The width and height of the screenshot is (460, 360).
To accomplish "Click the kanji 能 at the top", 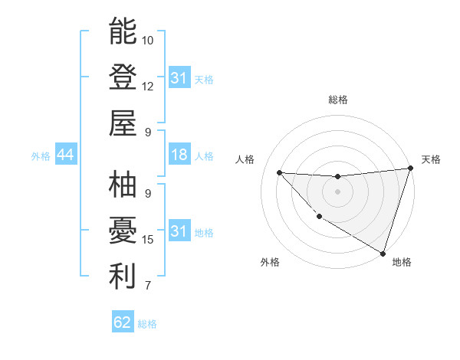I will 123,32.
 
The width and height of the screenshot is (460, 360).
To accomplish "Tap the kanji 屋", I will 123,123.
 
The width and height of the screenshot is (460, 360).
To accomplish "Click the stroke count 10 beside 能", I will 148,40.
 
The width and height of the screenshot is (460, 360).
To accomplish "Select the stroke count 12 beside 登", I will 148,86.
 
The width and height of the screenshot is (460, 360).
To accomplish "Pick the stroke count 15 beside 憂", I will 148,240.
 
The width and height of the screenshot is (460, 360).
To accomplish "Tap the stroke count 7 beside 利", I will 148,286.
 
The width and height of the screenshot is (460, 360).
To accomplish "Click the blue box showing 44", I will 65,155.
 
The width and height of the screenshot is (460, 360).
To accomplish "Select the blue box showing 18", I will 179,155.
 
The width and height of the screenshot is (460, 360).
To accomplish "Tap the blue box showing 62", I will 123,322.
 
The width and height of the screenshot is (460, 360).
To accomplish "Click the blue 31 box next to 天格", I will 179,78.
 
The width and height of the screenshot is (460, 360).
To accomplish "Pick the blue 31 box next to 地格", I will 179,231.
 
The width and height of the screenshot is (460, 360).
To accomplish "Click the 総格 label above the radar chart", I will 337,100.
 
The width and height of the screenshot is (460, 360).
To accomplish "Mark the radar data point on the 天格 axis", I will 410,169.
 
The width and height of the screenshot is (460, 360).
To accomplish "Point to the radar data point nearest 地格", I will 383,252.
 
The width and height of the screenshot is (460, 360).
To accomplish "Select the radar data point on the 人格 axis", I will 279,172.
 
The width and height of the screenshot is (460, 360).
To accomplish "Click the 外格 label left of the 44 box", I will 41,156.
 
